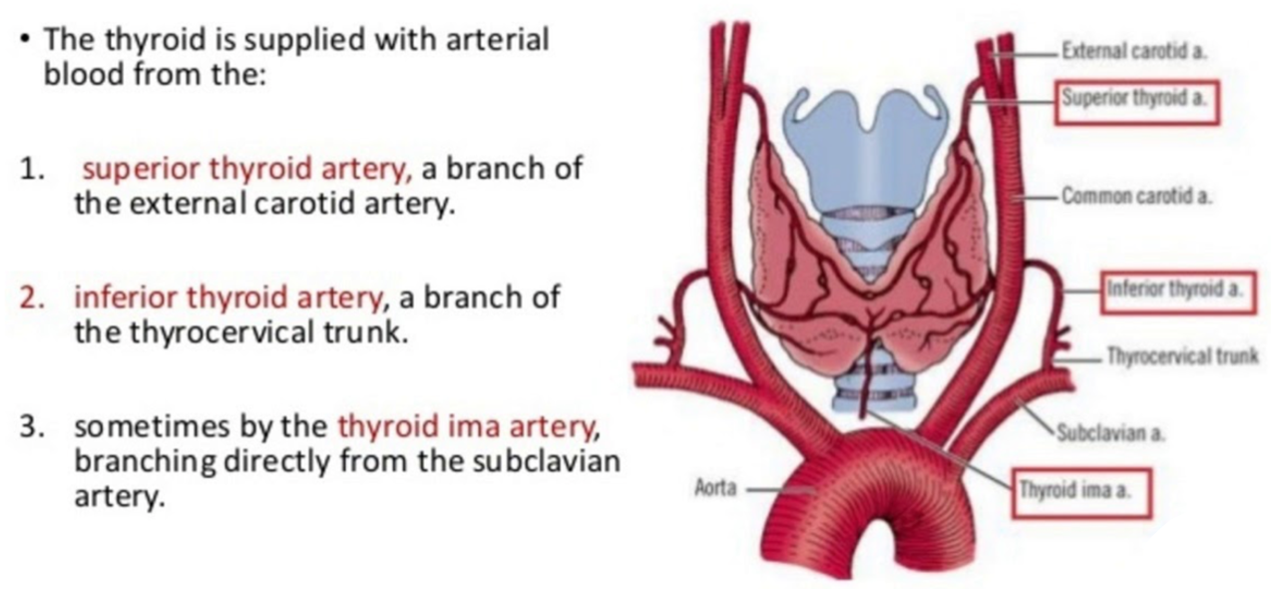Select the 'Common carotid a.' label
point(1136,196)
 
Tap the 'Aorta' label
point(713,490)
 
